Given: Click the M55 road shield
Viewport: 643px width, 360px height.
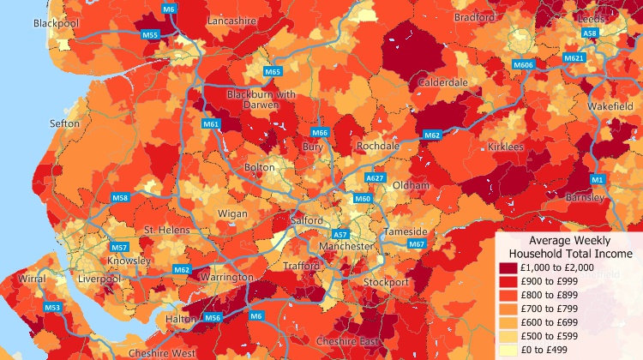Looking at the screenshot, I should [x=150, y=35].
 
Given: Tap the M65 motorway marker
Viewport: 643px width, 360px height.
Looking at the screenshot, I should [x=273, y=71].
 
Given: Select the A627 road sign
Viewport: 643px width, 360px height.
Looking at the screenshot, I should [x=375, y=177].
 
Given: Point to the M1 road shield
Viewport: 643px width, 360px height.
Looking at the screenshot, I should [x=598, y=179].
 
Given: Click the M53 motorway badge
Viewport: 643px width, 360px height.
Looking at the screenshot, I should [x=53, y=307].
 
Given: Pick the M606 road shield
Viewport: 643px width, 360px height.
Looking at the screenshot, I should [x=523, y=65].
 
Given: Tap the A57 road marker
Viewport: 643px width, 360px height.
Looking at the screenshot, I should [x=340, y=234].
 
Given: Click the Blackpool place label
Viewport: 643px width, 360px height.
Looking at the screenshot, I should [x=56, y=23].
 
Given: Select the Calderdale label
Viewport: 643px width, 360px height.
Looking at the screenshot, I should [x=442, y=82].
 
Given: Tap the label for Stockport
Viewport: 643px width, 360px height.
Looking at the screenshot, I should [x=386, y=282].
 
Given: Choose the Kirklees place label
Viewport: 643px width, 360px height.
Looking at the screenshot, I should [x=505, y=147].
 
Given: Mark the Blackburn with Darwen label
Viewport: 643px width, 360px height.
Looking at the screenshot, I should [x=261, y=100].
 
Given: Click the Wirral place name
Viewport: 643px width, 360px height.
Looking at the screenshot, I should [x=32, y=279].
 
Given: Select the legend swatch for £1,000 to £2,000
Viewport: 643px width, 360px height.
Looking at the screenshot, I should [x=509, y=268].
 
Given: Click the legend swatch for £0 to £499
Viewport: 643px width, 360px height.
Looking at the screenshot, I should [x=509, y=351].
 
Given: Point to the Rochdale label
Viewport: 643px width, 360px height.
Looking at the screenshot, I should [x=378, y=147].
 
